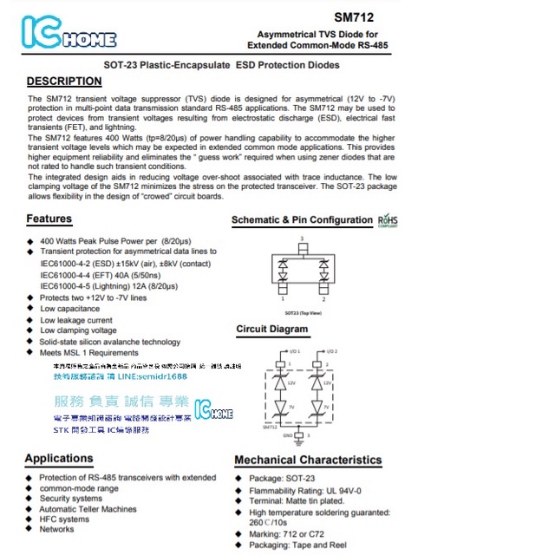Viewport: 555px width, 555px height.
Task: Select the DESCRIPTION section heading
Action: pos(64,82)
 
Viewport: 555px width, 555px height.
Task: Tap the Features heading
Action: pos(49,219)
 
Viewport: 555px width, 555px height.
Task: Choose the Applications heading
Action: pos(58,458)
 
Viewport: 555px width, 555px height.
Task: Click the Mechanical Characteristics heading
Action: pos(307,460)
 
